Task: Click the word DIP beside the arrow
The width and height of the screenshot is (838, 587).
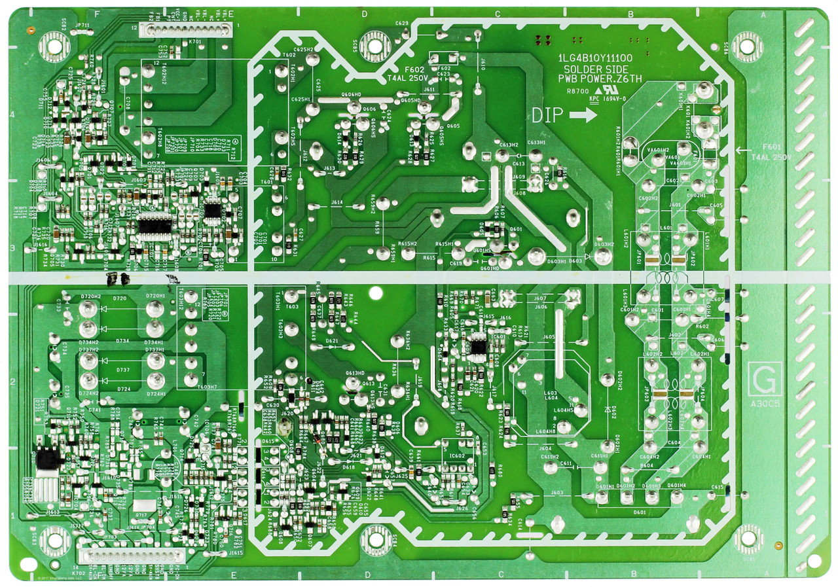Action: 547,115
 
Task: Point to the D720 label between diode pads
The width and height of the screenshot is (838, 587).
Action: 119,298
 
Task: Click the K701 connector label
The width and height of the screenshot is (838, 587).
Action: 194,41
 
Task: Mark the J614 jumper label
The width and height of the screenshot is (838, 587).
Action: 337,203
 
